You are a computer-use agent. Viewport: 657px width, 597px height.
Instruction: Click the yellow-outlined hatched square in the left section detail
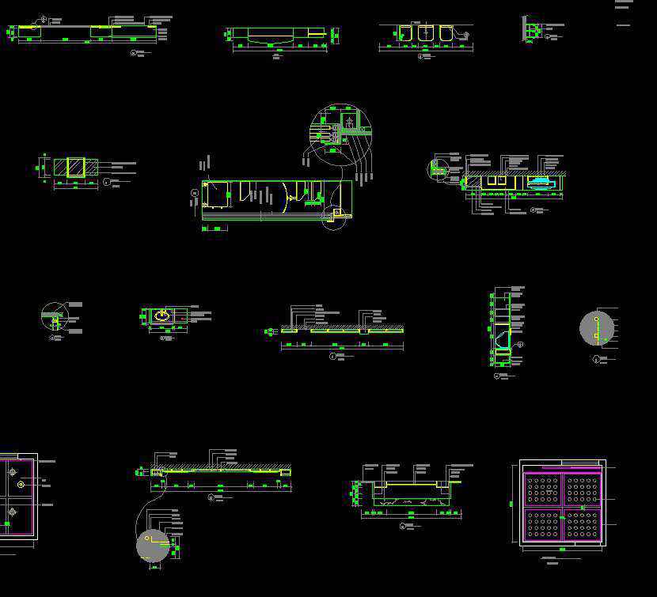76,168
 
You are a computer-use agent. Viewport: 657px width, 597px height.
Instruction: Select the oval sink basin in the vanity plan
162,316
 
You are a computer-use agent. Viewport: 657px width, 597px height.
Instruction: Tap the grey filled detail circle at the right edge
597,328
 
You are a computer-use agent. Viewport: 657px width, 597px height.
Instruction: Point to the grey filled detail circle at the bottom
153,546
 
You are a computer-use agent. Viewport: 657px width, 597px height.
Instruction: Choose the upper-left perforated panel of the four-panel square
543,490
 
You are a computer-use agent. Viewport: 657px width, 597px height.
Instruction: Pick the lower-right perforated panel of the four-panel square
582,524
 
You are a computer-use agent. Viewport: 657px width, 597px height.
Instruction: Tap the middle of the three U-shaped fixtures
426,33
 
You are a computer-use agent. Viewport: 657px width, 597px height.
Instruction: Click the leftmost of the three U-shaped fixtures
405,33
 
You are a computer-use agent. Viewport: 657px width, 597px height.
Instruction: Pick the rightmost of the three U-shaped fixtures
446,33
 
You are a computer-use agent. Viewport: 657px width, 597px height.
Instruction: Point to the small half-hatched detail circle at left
55,316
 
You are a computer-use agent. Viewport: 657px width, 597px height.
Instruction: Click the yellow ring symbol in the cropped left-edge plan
21,484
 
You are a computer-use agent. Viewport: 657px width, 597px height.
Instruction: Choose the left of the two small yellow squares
492,181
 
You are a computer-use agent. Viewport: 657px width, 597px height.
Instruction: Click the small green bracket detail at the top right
533,30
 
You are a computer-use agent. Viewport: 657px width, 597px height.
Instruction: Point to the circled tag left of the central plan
195,193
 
